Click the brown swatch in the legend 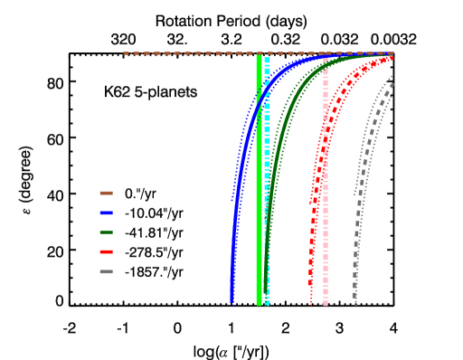pyautogui.click(x=106, y=193)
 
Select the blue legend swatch pyautogui.click(x=106, y=213)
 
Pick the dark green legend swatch pyautogui.click(x=106, y=232)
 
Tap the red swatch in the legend pyautogui.click(x=106, y=251)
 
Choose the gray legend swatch pyautogui.click(x=106, y=271)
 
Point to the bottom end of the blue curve pyautogui.click(x=232, y=300)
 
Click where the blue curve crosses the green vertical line pyautogui.click(x=259, y=102)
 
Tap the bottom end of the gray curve pyautogui.click(x=355, y=302)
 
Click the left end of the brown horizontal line pyautogui.click(x=125, y=53)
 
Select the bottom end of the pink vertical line pyautogui.click(x=326, y=303)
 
